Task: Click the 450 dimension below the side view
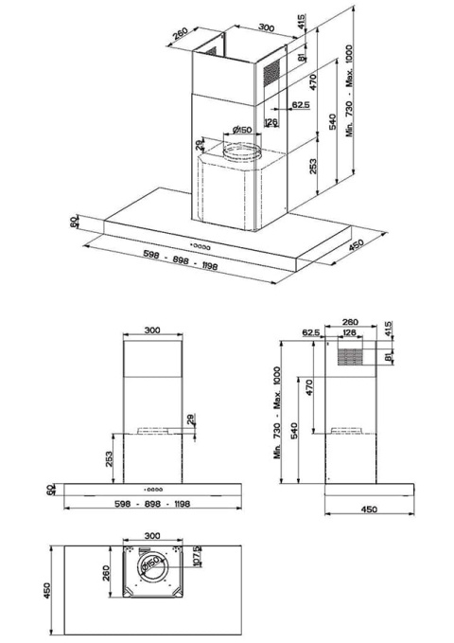click(x=369, y=509)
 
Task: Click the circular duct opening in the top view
click(x=152, y=567)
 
